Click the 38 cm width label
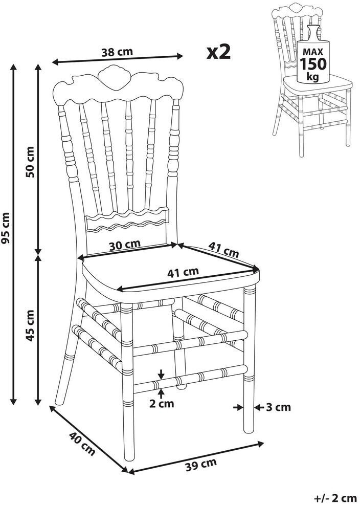117,51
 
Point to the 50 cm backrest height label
30,162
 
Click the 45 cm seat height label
30,326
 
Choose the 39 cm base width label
201,465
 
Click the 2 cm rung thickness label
162,404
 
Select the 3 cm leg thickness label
279,407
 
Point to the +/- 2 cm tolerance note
335,497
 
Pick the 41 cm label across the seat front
183,272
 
